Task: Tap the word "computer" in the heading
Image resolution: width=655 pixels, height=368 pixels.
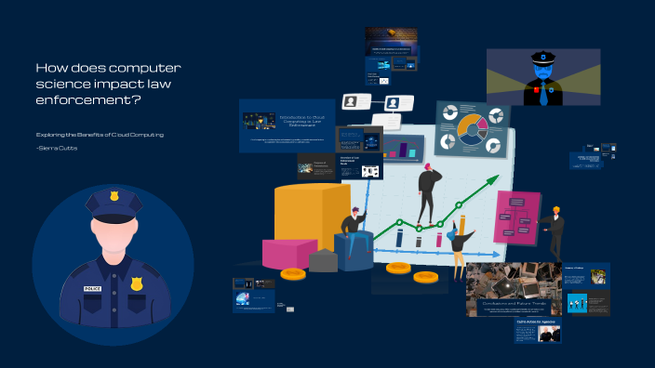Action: pyautogui.click(x=139, y=68)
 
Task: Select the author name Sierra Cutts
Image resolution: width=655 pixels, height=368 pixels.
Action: pyautogui.click(x=58, y=149)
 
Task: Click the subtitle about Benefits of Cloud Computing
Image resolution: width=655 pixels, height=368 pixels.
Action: pyautogui.click(x=100, y=135)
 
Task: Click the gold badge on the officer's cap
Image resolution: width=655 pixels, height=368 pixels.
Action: pyautogui.click(x=114, y=196)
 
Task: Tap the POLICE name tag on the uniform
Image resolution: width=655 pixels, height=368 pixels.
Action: pyautogui.click(x=92, y=288)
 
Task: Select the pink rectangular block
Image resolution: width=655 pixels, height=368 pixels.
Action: pyautogui.click(x=288, y=253)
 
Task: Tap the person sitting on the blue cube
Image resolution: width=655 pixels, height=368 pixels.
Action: pyautogui.click(x=353, y=230)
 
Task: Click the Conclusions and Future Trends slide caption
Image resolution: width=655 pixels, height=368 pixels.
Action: pyautogui.click(x=514, y=303)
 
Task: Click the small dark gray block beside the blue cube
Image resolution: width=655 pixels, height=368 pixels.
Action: pyautogui.click(x=323, y=261)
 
